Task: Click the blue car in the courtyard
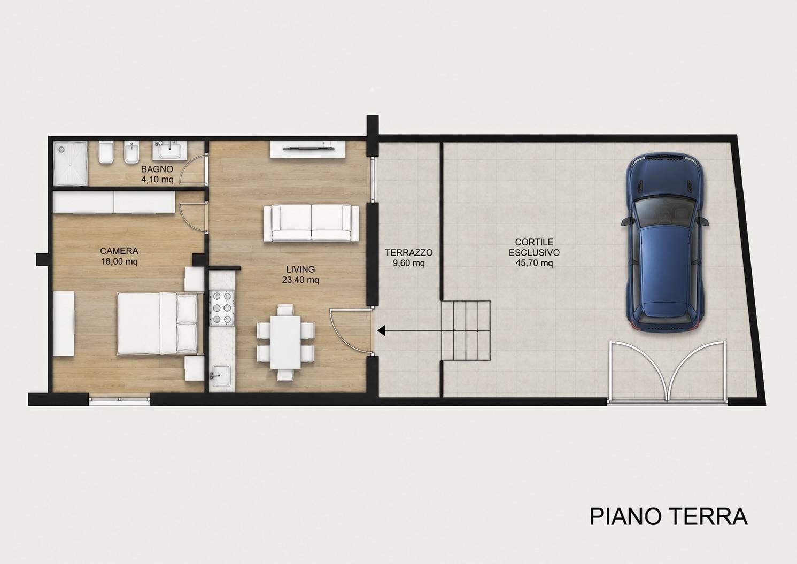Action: [665, 243]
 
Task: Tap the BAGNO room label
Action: [157, 169]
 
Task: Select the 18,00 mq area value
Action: [119, 262]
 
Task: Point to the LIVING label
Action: [300, 269]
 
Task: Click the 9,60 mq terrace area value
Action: [408, 264]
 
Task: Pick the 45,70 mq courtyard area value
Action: [534, 264]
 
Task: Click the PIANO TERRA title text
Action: [669, 517]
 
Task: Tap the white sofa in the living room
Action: [311, 223]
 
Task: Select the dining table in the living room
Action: [285, 342]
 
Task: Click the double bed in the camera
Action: [158, 323]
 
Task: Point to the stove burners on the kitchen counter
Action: [222, 308]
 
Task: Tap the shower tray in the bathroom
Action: [71, 164]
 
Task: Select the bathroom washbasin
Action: [169, 150]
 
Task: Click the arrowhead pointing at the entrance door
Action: [382, 330]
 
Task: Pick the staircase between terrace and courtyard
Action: [466, 330]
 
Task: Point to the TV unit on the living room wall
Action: [308, 150]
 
